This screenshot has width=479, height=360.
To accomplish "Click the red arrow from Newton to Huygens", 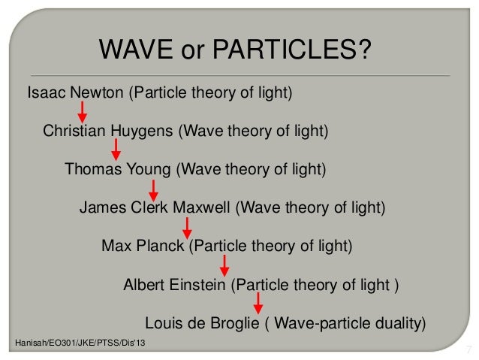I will pos(83,112).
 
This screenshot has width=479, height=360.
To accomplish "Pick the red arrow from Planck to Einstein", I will pos(223,265).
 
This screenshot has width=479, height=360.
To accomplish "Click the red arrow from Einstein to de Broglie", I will pos(258,303).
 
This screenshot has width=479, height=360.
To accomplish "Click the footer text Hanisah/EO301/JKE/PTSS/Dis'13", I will pos(77,343).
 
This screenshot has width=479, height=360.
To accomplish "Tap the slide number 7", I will pos(468,349).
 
